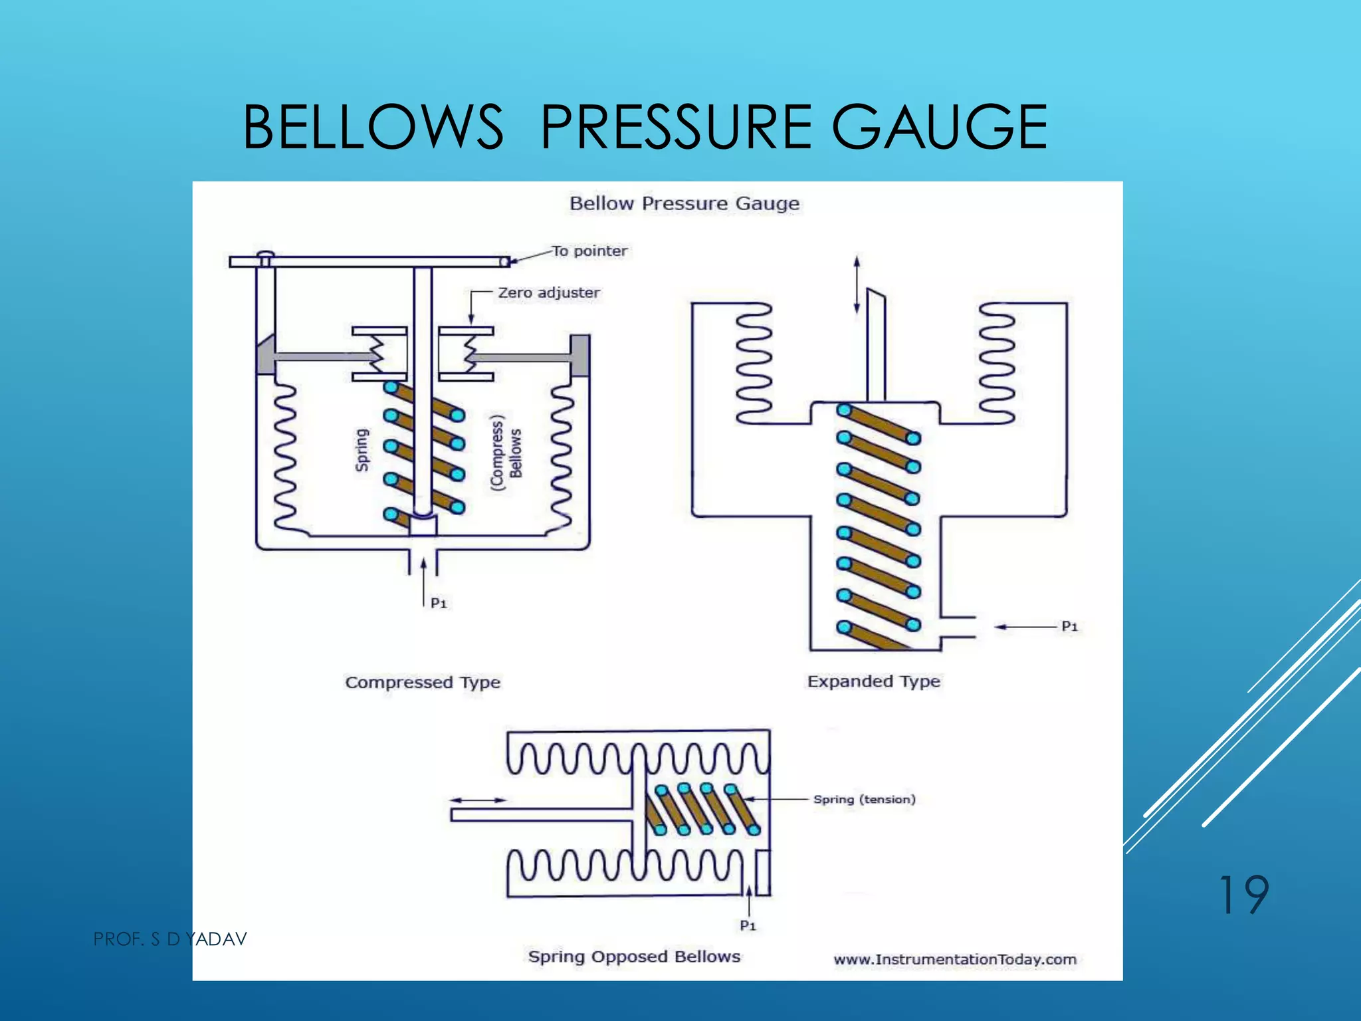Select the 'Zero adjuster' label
tap(549, 292)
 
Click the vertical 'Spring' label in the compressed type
tap(362, 450)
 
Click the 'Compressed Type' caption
tap(423, 683)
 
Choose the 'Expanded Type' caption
tap(874, 681)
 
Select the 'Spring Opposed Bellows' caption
tap(634, 957)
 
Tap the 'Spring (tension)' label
tap(865, 799)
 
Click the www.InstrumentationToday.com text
tap(955, 959)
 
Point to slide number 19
tap(1243, 895)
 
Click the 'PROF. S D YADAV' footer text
tap(170, 939)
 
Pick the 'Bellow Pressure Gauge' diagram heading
tap(684, 203)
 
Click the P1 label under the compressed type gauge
tap(439, 603)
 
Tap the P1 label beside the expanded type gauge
tap(1069, 626)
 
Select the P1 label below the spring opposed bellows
tap(748, 925)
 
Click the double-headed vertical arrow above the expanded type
tap(857, 284)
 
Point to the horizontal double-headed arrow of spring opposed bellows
tap(478, 800)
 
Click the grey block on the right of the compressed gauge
tap(579, 356)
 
